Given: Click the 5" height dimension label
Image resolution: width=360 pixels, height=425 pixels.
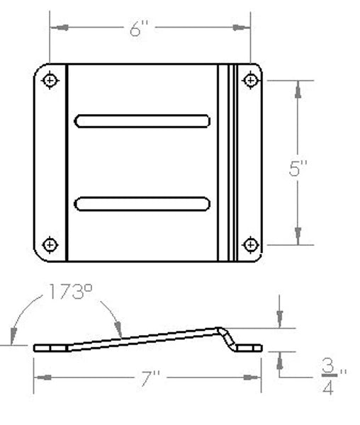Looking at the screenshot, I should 299,170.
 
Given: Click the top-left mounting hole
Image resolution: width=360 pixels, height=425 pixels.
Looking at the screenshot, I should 50,80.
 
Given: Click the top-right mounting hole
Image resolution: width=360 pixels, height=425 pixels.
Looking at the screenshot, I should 249,80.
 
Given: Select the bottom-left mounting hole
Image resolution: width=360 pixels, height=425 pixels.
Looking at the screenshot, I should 50,244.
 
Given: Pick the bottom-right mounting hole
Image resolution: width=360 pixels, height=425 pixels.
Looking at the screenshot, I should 249,244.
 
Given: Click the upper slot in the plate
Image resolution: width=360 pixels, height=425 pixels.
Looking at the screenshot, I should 144,121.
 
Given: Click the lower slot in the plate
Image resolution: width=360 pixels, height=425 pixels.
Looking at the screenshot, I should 144,204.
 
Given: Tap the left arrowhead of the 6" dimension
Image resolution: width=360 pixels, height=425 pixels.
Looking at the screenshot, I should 57,28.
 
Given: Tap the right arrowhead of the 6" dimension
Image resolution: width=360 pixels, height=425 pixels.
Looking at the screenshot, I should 242,28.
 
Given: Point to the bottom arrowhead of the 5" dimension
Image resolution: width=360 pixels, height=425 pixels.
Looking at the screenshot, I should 298,238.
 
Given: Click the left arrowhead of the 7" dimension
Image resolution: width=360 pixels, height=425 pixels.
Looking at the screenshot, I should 41,378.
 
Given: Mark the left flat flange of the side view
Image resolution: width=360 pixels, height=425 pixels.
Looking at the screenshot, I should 50,348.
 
